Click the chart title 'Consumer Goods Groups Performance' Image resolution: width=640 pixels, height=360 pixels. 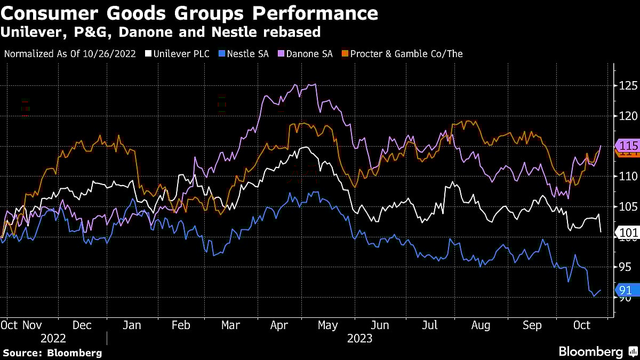[189, 13]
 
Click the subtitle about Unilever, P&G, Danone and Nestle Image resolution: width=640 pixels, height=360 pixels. [160, 32]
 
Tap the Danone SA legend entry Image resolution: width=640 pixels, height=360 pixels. [309, 54]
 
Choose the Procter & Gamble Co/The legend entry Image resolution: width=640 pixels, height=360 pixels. [403, 54]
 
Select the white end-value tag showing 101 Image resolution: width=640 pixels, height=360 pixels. [626, 232]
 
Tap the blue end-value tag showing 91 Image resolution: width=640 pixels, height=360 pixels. [625, 290]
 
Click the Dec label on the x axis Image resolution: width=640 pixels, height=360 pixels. [82, 325]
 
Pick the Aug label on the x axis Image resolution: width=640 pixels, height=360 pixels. [481, 325]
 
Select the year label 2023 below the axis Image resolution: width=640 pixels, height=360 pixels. [359, 339]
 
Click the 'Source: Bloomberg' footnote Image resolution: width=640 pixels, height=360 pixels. [52, 353]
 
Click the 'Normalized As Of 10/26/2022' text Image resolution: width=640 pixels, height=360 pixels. [69, 54]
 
